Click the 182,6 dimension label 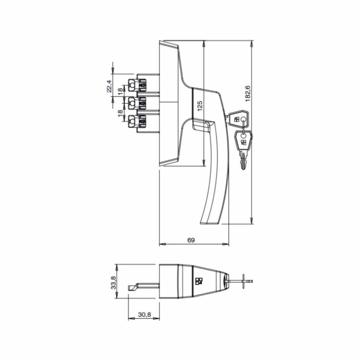(x=248, y=94)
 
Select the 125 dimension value (x=200, y=106)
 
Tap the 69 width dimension (x=191, y=240)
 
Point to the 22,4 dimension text (x=109, y=86)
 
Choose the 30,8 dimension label (x=144, y=315)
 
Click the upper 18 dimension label (x=120, y=92)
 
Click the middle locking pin (x=137, y=103)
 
